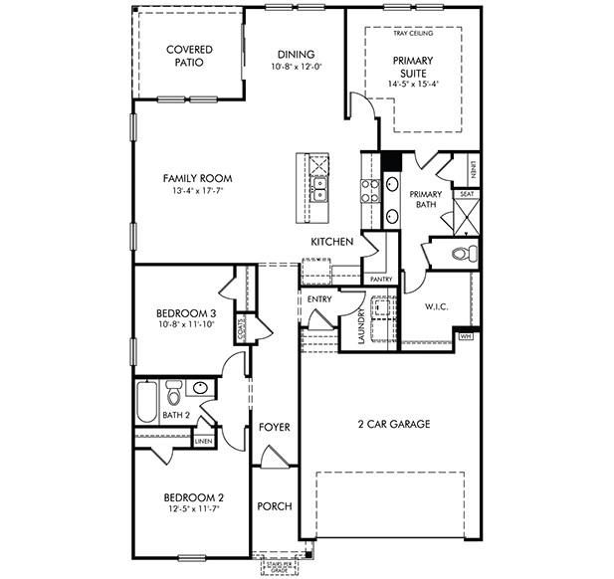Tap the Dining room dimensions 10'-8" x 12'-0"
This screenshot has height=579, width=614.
point(297,68)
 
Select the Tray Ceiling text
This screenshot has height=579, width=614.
point(413,33)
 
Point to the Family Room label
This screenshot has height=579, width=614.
point(198,178)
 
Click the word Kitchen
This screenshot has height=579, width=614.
point(332,242)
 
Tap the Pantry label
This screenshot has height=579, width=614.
point(381,280)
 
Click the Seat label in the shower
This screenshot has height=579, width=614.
point(466,194)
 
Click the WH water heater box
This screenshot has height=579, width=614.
point(466,337)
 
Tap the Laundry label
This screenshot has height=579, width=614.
point(361,327)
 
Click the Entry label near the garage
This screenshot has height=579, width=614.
point(319,298)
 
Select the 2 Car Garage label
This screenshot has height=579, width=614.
point(394,424)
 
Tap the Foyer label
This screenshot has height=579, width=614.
point(274,427)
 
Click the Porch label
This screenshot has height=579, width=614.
point(274,506)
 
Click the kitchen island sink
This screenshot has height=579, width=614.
point(320,187)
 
